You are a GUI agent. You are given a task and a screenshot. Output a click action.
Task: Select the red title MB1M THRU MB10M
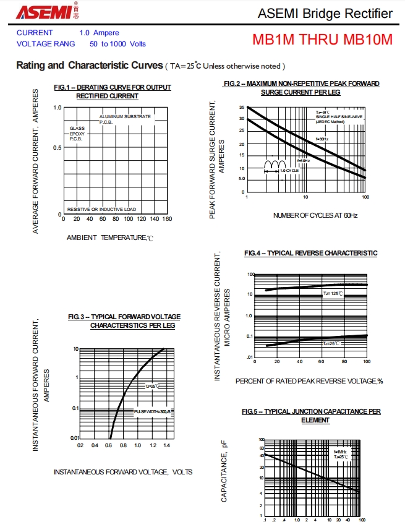point(322,39)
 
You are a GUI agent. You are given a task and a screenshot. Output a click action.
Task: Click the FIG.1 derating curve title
point(112,92)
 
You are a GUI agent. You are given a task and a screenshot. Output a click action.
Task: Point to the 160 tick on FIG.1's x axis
point(167,219)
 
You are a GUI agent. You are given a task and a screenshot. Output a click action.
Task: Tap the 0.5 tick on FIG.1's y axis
point(58,147)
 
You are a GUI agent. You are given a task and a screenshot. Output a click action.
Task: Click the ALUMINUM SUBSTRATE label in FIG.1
point(125,119)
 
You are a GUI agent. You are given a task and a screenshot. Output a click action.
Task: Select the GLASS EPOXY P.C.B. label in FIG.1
point(77,134)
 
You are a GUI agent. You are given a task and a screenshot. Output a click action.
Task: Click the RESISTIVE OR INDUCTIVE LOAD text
point(101,209)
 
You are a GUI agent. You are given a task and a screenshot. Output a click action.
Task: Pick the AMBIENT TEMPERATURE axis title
point(109,238)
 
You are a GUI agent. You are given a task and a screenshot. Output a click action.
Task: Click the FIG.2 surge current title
point(301,87)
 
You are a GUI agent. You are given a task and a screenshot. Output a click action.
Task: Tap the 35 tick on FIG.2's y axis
point(241,108)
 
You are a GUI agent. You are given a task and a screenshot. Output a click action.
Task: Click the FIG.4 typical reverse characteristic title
point(310,253)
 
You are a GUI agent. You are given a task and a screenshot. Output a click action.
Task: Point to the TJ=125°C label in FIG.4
point(333,293)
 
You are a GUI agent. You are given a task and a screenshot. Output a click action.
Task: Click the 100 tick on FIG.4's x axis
point(366,362)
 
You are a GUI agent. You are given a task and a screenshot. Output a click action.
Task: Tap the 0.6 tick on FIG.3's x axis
point(109,445)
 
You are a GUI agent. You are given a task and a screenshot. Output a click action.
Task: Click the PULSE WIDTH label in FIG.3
point(152,411)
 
